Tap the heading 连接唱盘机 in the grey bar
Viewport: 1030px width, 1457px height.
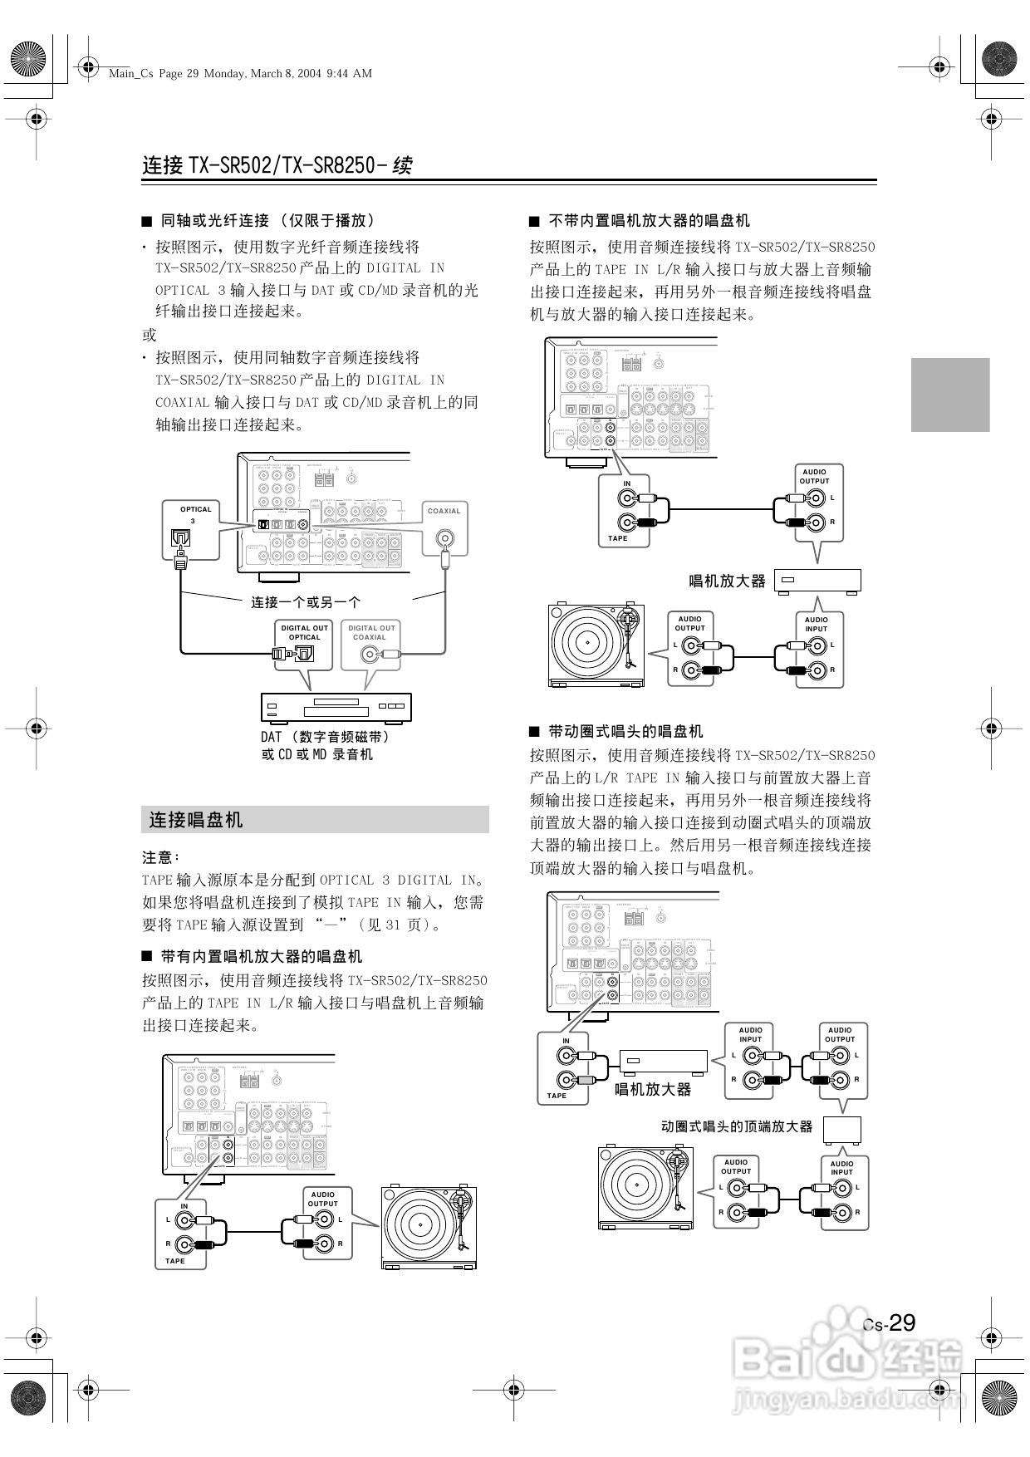click(x=196, y=820)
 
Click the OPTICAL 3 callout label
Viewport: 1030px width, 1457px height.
click(x=195, y=514)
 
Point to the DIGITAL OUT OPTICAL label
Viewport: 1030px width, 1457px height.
click(x=304, y=632)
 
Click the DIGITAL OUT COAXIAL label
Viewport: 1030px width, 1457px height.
click(x=370, y=632)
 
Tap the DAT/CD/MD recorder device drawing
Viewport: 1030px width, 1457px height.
click(x=336, y=708)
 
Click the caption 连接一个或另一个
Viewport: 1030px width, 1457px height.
click(x=306, y=602)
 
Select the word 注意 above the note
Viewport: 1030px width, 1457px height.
click(x=160, y=856)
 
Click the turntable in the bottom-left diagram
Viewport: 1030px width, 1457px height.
click(x=429, y=1227)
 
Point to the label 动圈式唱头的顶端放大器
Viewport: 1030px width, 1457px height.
click(x=736, y=1126)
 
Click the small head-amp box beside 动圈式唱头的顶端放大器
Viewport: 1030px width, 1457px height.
click(x=842, y=1130)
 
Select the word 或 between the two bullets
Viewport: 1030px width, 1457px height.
click(x=150, y=335)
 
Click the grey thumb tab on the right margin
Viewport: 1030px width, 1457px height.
click(x=950, y=395)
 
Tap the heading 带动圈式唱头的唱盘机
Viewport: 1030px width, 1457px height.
click(x=625, y=731)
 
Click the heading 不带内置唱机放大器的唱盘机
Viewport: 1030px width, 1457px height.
click(x=649, y=220)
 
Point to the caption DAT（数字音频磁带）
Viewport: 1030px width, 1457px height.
click(x=325, y=736)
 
